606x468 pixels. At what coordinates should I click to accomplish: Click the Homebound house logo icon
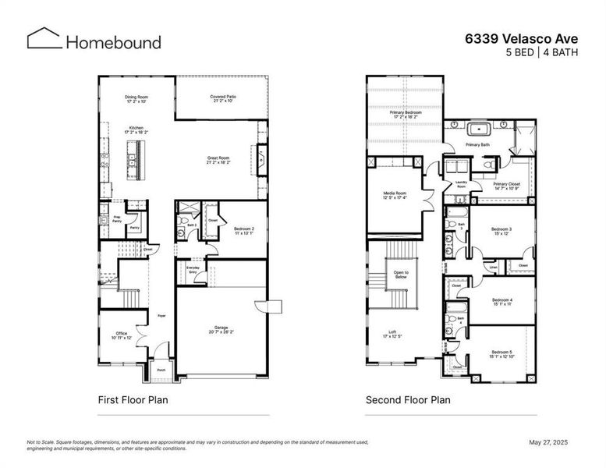[44, 39]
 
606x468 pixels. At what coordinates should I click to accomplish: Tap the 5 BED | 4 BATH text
[546, 53]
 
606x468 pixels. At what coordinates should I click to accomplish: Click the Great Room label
[218, 160]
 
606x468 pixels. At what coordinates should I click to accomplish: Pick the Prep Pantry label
[116, 219]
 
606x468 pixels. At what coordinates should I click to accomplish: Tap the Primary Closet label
[506, 186]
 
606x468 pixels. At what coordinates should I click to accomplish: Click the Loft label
[392, 334]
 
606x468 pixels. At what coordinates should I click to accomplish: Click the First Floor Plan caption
[133, 400]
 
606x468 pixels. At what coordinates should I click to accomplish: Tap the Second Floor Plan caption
[408, 400]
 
